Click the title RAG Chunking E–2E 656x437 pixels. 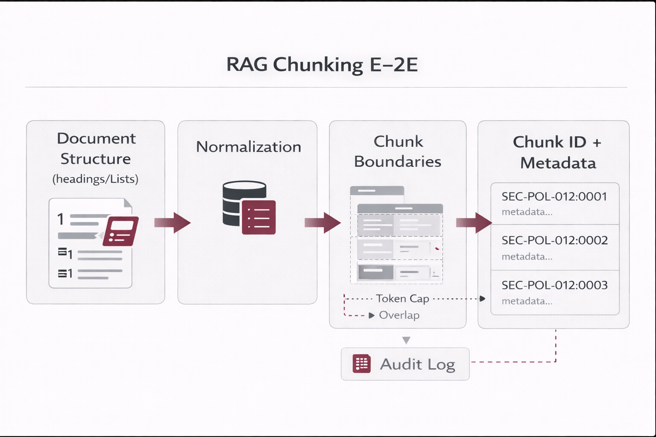pos(322,65)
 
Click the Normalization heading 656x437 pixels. pos(249,147)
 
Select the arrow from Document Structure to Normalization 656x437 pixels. pos(173,222)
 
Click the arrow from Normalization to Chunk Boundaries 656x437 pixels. pos(323,222)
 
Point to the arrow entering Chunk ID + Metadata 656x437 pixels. pos(474,222)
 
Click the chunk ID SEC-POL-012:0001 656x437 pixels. pos(554,196)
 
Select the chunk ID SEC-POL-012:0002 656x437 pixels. pos(554,240)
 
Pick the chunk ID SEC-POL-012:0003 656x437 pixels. pos(554,285)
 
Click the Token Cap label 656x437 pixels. pos(402,298)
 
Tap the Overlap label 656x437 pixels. pos(399,315)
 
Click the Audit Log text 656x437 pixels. pos(417,364)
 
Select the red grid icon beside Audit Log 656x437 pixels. pos(361,364)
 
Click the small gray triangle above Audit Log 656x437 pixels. pos(406,340)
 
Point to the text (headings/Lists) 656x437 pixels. pos(95,179)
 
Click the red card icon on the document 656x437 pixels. pos(120,231)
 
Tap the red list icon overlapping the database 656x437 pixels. pos(259,217)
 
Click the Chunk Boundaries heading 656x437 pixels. pos(398,151)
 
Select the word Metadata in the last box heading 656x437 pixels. pos(558,163)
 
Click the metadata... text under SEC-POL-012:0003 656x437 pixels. pos(527,301)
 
